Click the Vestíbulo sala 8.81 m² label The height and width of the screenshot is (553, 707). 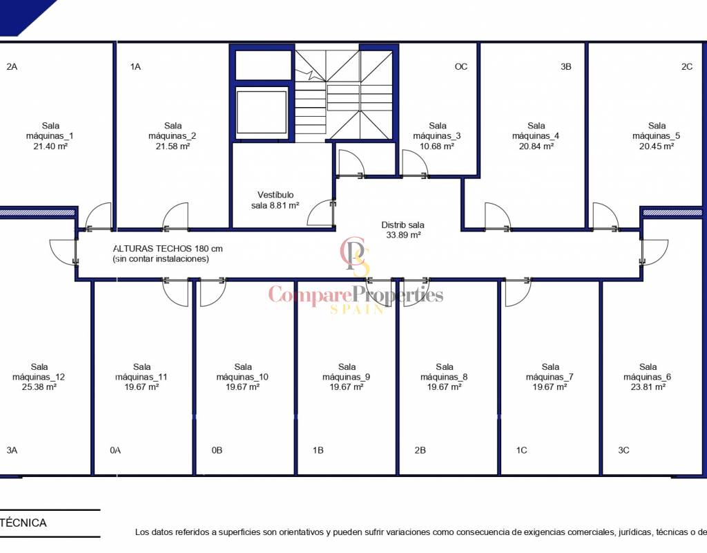275,200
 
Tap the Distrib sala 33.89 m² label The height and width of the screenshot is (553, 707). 403,229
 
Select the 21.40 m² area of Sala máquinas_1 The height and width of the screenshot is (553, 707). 50,147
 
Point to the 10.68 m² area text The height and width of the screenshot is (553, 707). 436,147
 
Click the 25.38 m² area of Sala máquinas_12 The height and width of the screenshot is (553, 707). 39,387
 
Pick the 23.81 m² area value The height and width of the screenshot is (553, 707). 648,387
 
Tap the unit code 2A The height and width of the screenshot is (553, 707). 12,67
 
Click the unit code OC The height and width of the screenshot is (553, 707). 461,67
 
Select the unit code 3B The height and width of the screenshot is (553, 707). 566,67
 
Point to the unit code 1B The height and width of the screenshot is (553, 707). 318,450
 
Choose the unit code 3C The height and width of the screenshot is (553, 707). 623,450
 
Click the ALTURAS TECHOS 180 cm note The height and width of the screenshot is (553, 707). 168,249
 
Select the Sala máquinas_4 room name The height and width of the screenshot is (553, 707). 536,131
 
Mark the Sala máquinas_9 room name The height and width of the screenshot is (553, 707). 347,372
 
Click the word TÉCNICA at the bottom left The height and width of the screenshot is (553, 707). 23,523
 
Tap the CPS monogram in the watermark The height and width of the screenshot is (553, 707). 356,256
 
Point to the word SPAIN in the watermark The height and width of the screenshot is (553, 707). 357,309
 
